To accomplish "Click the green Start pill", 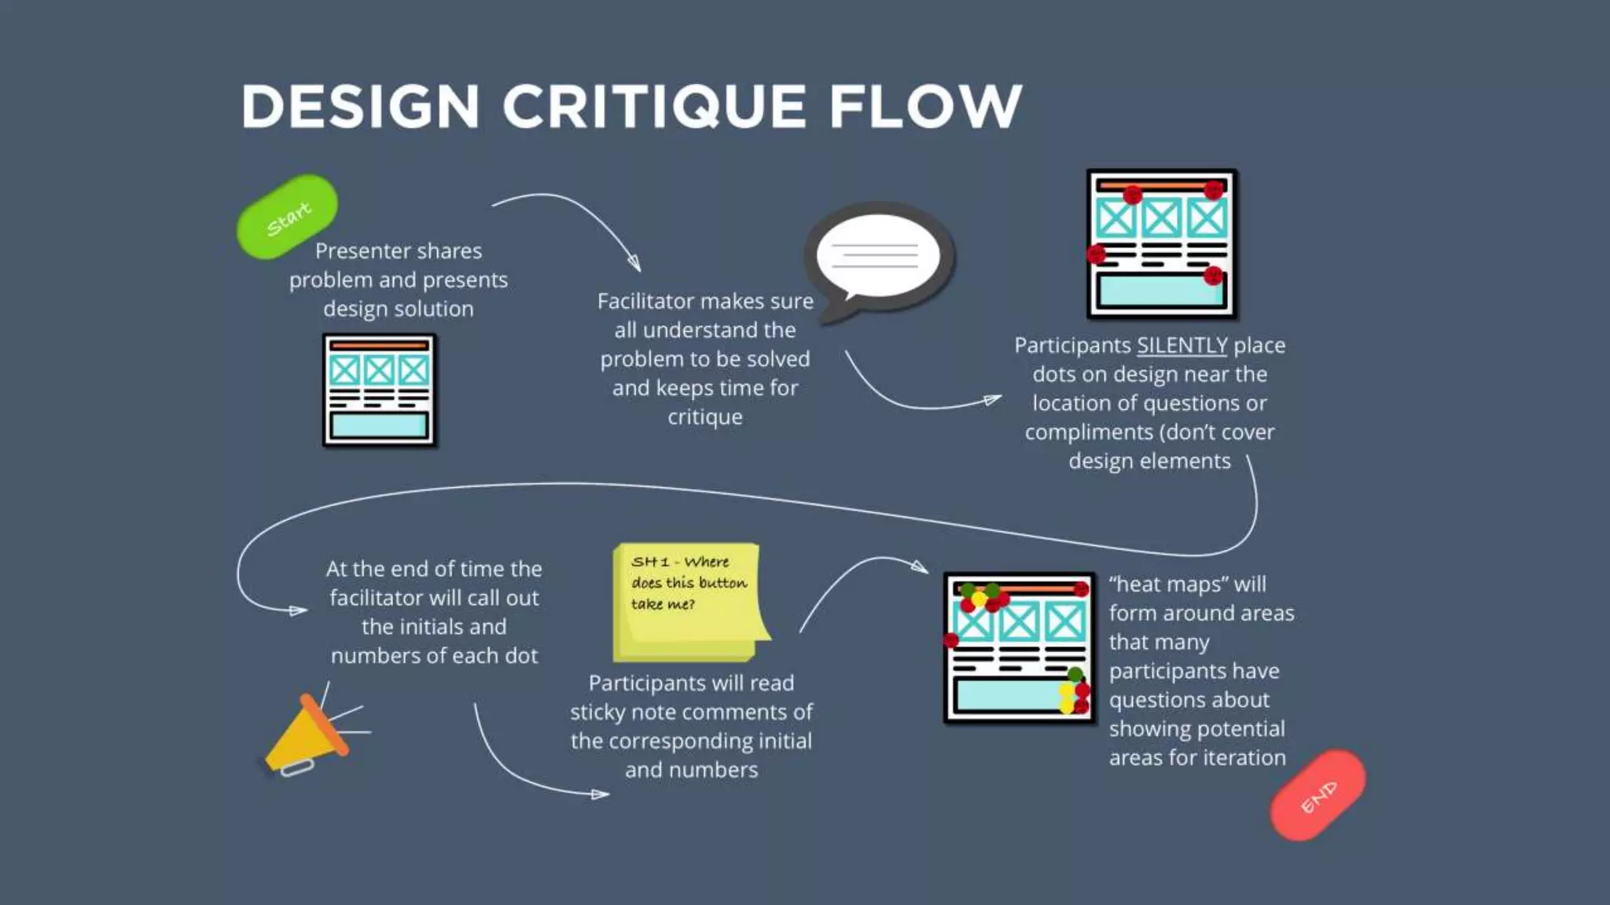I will click(288, 217).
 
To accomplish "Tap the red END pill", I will click(1318, 796).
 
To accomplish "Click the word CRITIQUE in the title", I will click(654, 107).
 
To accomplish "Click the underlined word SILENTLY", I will click(1182, 346).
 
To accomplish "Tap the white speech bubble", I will click(878, 257).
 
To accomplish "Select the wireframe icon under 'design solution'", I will click(379, 390).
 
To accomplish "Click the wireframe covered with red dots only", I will click(1161, 244).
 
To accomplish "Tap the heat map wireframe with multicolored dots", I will click(1019, 647).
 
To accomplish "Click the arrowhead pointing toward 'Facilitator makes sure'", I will click(635, 263).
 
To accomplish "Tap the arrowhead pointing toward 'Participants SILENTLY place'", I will click(994, 400).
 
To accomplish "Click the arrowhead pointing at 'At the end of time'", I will click(299, 610).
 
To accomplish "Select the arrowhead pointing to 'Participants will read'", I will click(601, 794).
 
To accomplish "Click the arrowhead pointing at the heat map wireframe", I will click(921, 566).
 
